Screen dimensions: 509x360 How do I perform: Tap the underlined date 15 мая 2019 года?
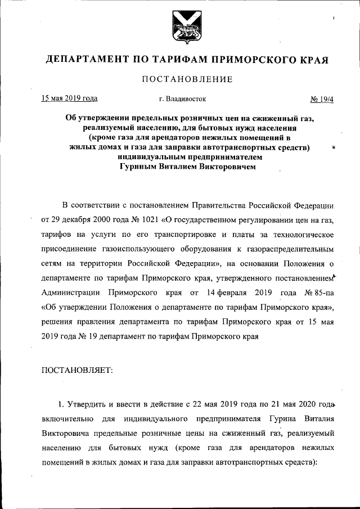[69, 98]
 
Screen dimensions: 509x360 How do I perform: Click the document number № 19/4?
[322, 99]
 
